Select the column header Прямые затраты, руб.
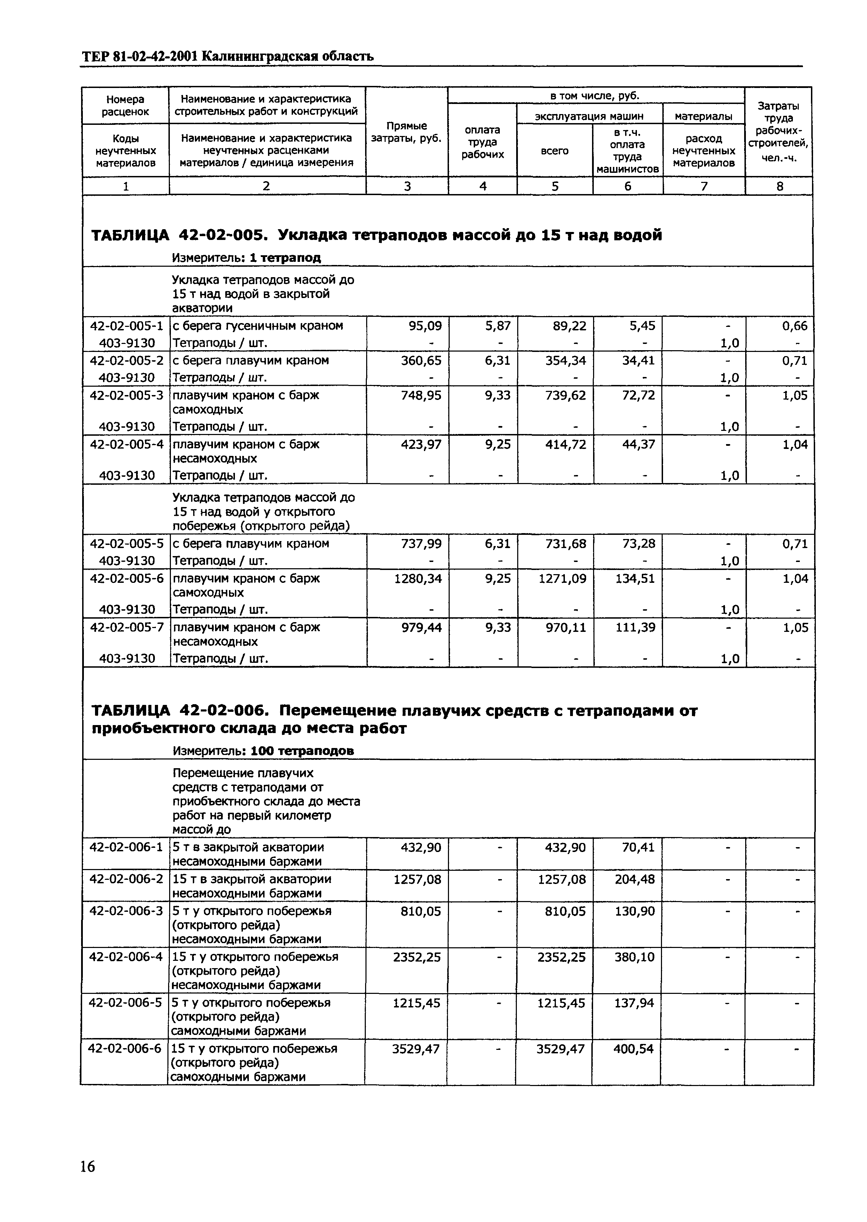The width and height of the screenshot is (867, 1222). point(407,132)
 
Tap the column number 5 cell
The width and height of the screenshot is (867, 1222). point(555,186)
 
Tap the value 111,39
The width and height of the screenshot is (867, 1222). point(635,628)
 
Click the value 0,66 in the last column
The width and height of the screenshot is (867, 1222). point(795,326)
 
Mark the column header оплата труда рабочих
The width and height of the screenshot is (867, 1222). point(483,142)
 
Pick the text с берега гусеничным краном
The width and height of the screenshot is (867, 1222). point(257,326)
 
